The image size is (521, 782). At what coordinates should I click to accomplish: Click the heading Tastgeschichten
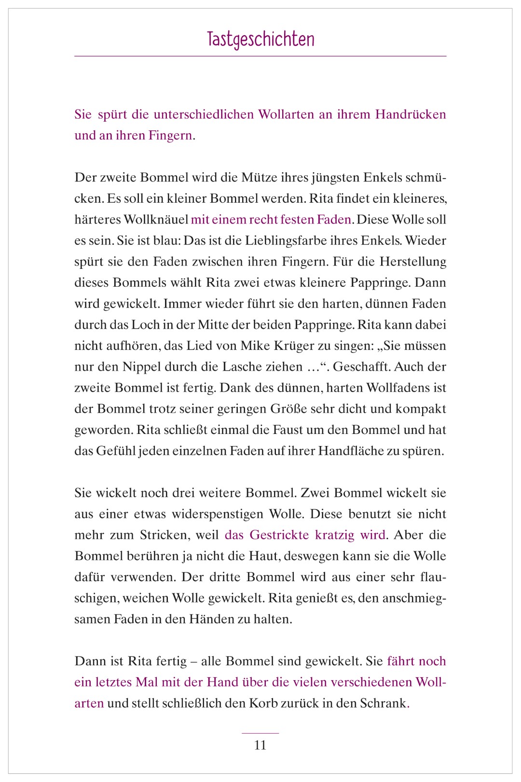click(x=260, y=39)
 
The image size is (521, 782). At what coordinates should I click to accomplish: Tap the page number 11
click(x=260, y=745)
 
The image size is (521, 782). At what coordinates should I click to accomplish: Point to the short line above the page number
click(x=260, y=733)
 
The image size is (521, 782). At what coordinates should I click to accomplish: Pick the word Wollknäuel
click(x=155, y=220)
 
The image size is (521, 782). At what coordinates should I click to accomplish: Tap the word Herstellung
click(x=413, y=262)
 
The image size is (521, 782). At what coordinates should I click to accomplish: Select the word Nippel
click(x=140, y=367)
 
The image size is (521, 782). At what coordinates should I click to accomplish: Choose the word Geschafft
click(x=361, y=367)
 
